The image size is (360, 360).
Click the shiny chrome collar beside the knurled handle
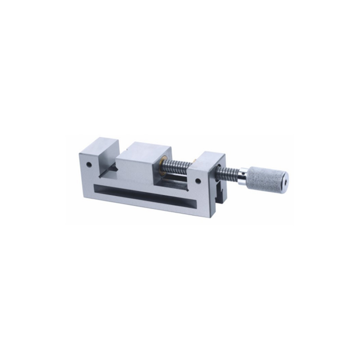[243, 174]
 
